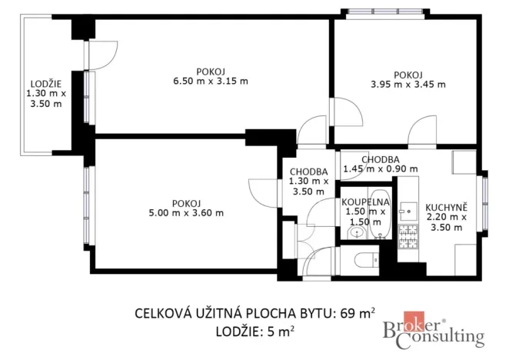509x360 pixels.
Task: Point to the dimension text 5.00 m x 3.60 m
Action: (x=187, y=213)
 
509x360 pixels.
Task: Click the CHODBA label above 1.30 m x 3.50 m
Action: (x=309, y=172)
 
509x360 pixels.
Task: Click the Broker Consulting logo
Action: (x=434, y=332)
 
